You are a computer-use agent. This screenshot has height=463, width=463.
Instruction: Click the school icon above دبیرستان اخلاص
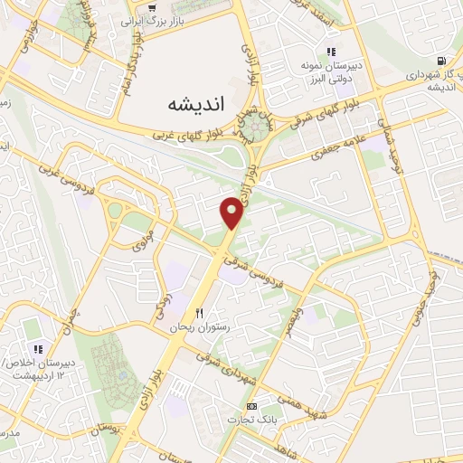click(38, 349)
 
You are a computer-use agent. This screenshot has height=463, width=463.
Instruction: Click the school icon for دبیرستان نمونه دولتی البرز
click(331, 52)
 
